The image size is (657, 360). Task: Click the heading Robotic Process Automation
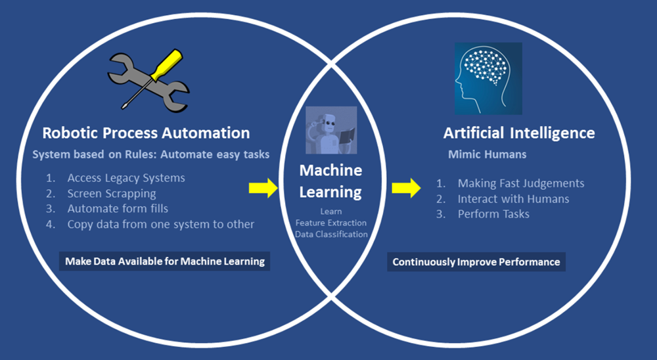(x=146, y=133)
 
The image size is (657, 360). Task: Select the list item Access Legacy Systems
(x=125, y=178)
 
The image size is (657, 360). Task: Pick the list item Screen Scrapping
(x=111, y=194)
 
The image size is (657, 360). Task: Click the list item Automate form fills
(x=118, y=209)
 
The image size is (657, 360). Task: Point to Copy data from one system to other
(x=160, y=225)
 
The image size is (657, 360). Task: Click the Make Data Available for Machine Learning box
(x=165, y=261)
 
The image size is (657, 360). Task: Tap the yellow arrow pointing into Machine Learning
(x=263, y=189)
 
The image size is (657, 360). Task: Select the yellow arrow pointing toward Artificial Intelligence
(x=406, y=189)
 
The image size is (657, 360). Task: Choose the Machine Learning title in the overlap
(x=331, y=181)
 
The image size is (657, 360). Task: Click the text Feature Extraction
(x=331, y=223)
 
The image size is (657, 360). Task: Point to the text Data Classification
(x=331, y=235)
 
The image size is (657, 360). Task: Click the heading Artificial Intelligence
(x=519, y=133)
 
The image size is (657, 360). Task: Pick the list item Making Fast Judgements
(x=520, y=183)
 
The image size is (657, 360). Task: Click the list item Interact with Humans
(x=513, y=198)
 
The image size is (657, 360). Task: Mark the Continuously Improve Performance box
(x=476, y=261)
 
